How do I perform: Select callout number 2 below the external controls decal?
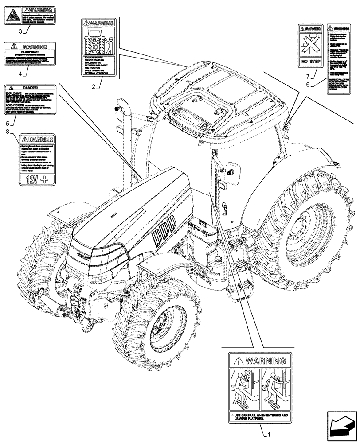[94, 87]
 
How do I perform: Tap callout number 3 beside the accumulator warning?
[20, 31]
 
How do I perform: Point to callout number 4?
[20, 74]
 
